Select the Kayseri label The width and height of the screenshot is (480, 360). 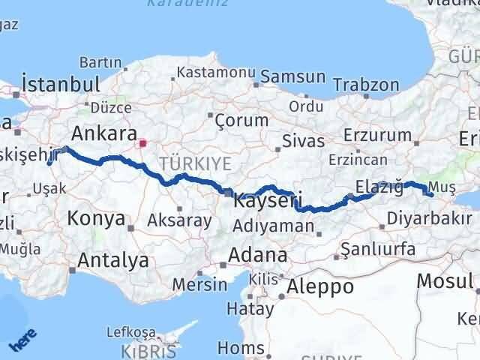pos(267,200)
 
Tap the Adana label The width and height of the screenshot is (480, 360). pos(259,255)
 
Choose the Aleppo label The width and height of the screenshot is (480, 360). pos(321,286)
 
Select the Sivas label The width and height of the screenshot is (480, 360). pos(303,140)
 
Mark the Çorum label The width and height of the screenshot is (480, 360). pos(241,120)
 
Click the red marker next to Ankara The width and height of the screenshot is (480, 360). pos(142,140)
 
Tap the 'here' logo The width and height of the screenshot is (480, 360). pos(22,342)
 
